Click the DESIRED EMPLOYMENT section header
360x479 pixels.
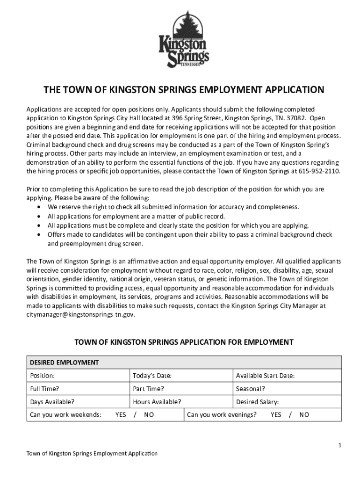tap(65, 363)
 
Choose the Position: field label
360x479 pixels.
tap(43, 376)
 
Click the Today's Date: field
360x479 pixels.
tap(152, 376)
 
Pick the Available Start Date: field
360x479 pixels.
tap(265, 376)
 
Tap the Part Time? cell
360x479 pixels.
tap(148, 388)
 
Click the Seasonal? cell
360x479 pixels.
tap(250, 388)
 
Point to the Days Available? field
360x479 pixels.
tap(52, 401)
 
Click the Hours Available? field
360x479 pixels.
tap(157, 401)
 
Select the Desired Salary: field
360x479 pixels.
tap(257, 401)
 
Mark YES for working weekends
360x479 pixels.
tap(121, 414)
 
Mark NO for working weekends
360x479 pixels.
tap(149, 414)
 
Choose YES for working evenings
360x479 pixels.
tap(276, 414)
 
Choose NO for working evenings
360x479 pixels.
tap(304, 414)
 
